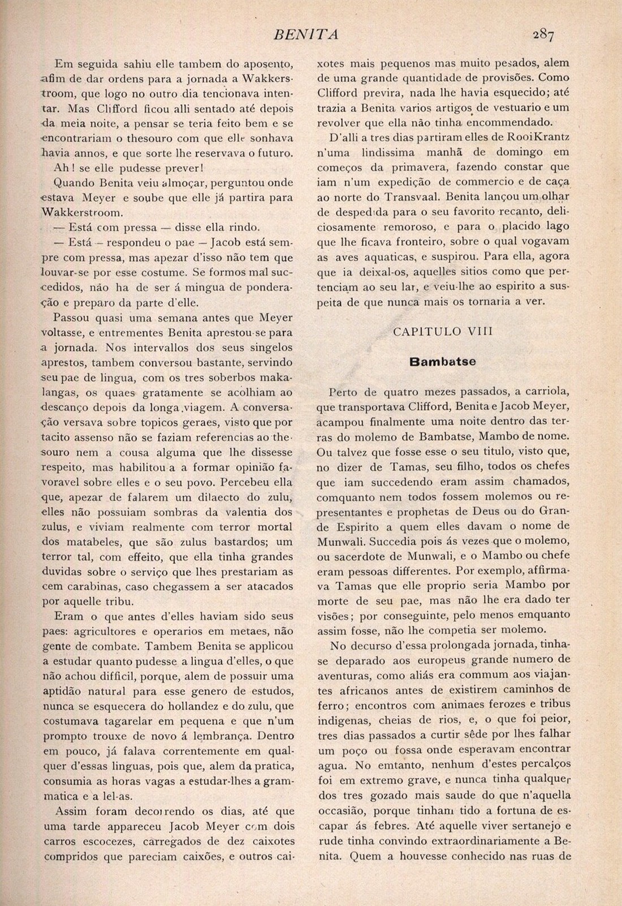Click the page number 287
coord(543,35)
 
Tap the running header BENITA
coord(306,35)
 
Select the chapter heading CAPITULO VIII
coord(443,332)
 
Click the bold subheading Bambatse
coord(443,361)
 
